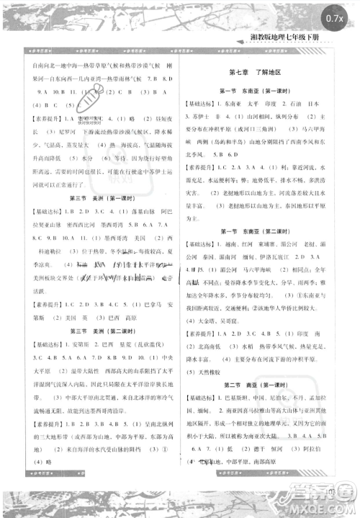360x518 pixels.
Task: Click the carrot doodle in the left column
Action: click(x=89, y=96)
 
